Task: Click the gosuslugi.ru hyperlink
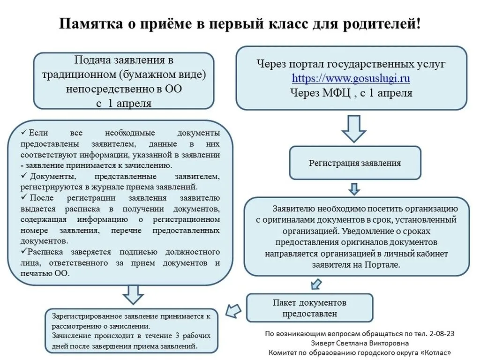[351, 78]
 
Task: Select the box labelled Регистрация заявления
[355, 163]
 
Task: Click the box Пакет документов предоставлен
[309, 307]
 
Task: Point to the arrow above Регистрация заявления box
[353, 128]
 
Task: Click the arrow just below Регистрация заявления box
[354, 188]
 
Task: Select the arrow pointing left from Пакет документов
[233, 310]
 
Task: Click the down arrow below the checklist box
[133, 295]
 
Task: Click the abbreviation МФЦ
[334, 93]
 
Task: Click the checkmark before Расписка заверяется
[23, 252]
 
